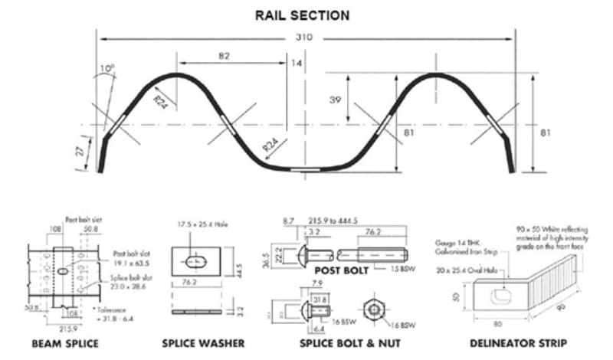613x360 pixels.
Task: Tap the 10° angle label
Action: (x=107, y=70)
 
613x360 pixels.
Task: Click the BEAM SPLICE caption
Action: (x=64, y=343)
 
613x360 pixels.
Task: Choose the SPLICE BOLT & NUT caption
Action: (x=337, y=343)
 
